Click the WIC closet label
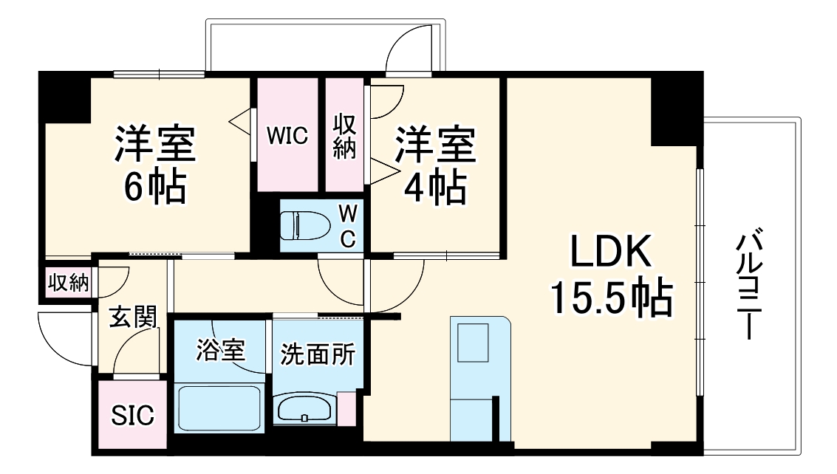point(287,137)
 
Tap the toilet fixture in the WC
point(305,224)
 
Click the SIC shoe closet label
point(133,416)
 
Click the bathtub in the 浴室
point(219,408)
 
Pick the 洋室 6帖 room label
point(154,166)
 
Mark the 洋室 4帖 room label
point(434,166)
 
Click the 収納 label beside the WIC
point(345,137)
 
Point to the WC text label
point(348,225)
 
